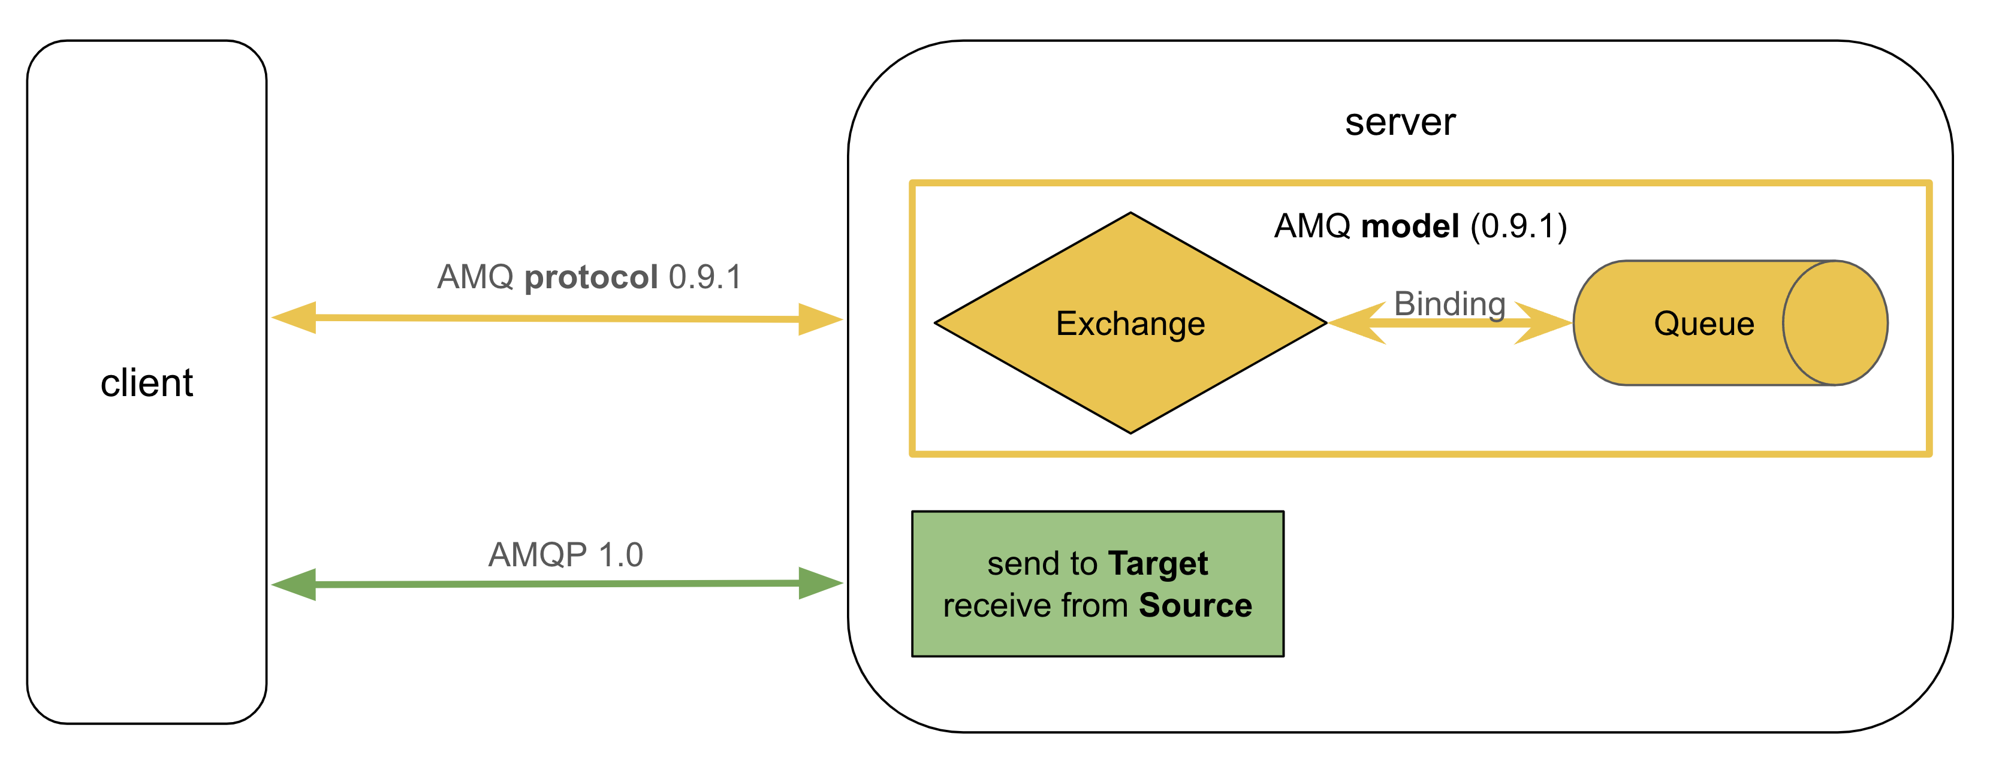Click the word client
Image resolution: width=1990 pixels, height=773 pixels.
[x=146, y=383]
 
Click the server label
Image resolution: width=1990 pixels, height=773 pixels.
[x=1399, y=122]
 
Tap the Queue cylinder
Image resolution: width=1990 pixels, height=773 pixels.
[x=1703, y=323]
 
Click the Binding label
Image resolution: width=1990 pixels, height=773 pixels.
[x=1449, y=303]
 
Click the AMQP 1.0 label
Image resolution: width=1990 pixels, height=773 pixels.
[x=565, y=554]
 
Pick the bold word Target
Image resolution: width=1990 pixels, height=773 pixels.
[x=1157, y=564]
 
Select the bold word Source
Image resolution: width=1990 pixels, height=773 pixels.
[x=1195, y=605]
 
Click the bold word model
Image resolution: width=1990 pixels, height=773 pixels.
[x=1410, y=227]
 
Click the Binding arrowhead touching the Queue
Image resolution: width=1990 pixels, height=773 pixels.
[x=1545, y=323]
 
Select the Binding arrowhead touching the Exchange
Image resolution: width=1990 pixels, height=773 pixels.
[x=1356, y=323]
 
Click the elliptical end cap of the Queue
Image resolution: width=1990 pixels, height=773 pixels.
[x=1835, y=323]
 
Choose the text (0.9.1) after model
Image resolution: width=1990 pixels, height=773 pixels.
[x=1518, y=227]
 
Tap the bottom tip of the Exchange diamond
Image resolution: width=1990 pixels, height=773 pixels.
[x=1130, y=430]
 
